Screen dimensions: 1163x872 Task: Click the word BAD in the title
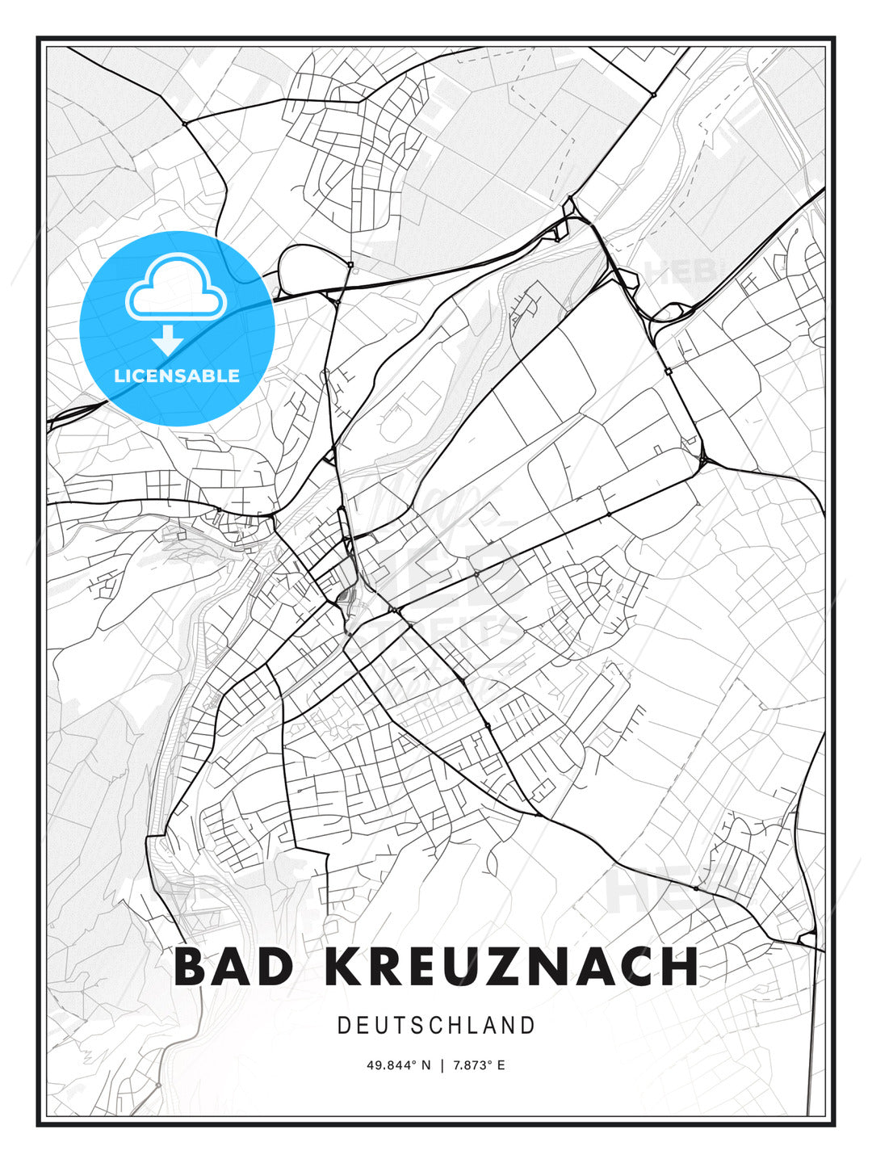click(233, 967)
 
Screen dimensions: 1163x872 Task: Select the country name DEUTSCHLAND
click(436, 1026)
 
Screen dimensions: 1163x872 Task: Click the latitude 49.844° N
click(399, 1065)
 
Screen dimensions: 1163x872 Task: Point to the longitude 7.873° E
click(479, 1065)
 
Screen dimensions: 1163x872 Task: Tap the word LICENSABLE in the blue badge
click(177, 376)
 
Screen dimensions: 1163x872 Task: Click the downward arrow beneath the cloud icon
click(168, 340)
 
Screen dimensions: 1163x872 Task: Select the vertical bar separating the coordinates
click(442, 1065)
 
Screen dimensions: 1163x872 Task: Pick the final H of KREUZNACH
click(679, 967)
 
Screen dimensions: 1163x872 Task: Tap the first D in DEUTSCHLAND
click(343, 1026)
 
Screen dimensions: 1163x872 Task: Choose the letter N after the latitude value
click(428, 1065)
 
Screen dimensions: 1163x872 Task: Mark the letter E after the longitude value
click(501, 1065)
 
